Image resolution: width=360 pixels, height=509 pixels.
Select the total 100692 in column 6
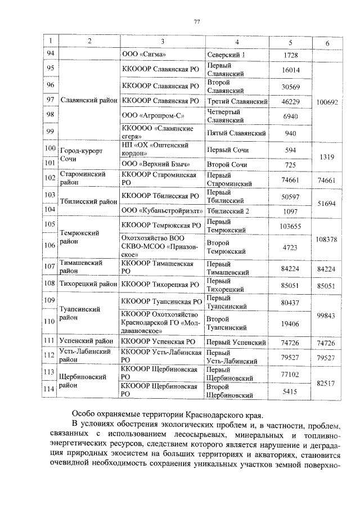click(x=327, y=102)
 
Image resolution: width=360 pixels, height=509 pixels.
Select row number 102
click(x=51, y=179)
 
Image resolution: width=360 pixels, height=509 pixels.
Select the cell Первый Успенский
click(x=236, y=342)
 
